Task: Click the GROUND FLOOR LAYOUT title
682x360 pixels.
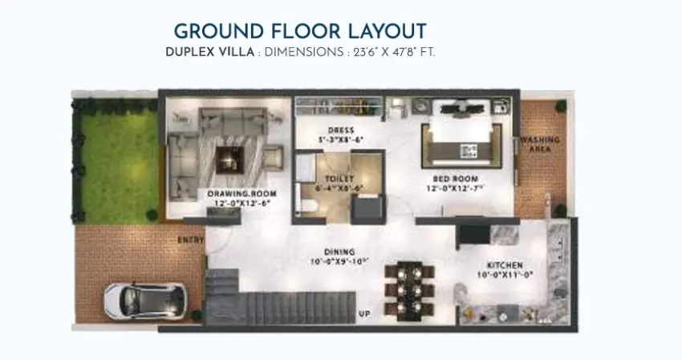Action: [300, 31]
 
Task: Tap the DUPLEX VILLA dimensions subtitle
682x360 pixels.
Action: [300, 52]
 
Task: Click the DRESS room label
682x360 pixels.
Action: [341, 130]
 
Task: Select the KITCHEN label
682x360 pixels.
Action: [505, 265]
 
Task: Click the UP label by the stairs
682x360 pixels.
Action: [364, 313]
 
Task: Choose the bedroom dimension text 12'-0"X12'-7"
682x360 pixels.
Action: [455, 191]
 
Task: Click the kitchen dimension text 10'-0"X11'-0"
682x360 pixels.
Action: [505, 276]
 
